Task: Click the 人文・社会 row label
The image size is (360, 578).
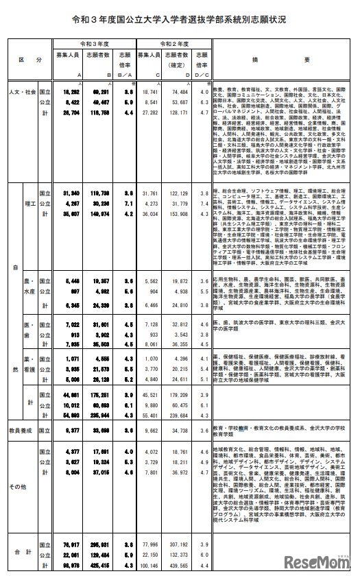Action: pos(21,91)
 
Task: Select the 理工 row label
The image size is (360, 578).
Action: pos(29,204)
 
